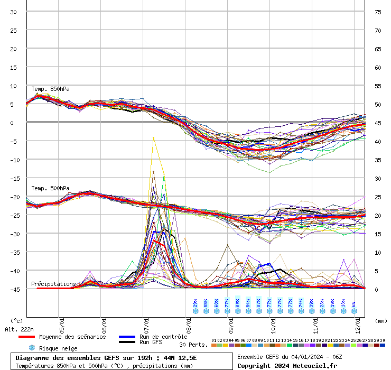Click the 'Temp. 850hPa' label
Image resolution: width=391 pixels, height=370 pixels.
[50, 89]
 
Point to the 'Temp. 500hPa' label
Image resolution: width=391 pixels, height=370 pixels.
[50, 188]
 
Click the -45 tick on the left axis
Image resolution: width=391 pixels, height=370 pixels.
[14, 289]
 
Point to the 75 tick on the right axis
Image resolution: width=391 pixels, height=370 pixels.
[378, 12]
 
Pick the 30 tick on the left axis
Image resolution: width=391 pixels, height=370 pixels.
[14, 12]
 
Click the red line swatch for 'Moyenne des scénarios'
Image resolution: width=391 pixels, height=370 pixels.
[26, 337]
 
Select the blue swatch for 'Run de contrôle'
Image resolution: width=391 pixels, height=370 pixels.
[126, 337]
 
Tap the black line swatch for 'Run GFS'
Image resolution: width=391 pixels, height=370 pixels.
[126, 342]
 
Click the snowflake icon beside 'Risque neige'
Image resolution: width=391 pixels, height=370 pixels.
[32, 348]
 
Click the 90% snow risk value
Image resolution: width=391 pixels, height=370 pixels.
[238, 303]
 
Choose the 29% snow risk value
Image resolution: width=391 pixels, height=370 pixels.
[196, 303]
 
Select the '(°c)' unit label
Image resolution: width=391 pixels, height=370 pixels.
[17, 320]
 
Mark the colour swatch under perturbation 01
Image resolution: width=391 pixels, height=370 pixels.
[214, 345]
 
